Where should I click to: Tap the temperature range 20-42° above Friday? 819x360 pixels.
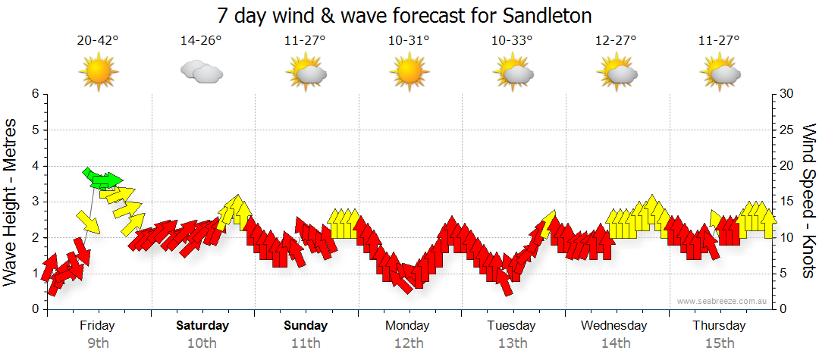[98, 41]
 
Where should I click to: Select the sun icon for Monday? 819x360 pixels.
[409, 72]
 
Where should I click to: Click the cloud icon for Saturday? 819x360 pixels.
[202, 72]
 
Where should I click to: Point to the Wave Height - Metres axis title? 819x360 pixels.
[11, 201]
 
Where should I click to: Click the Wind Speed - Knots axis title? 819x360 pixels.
[808, 201]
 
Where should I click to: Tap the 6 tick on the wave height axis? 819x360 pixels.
[34, 94]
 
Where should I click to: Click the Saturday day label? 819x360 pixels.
[202, 326]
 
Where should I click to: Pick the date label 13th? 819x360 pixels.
[513, 343]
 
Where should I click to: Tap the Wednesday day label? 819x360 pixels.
[614, 326]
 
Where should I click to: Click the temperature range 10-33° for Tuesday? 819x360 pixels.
[513, 41]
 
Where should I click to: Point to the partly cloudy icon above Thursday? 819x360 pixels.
[720, 73]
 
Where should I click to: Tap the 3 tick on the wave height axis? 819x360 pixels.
[34, 202]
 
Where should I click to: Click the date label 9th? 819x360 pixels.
[98, 343]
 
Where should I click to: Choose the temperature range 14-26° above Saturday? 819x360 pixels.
[201, 41]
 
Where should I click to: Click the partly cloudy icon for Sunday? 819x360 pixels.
[306, 73]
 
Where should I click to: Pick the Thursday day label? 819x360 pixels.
[719, 326]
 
